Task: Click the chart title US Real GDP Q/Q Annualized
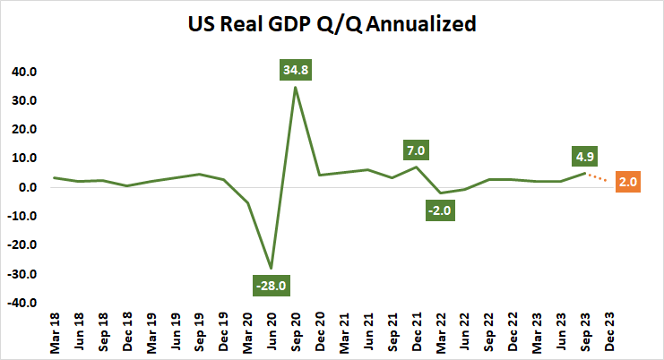point(332,24)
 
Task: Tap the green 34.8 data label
point(295,67)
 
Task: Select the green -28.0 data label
point(271,286)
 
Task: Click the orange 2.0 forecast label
point(627,183)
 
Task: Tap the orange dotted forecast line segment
point(598,177)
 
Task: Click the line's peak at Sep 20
point(295,87)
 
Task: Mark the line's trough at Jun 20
point(271,268)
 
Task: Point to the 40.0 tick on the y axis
point(22,72)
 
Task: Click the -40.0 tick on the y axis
point(20,304)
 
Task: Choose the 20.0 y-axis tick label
point(22,130)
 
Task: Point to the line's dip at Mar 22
point(441,193)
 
